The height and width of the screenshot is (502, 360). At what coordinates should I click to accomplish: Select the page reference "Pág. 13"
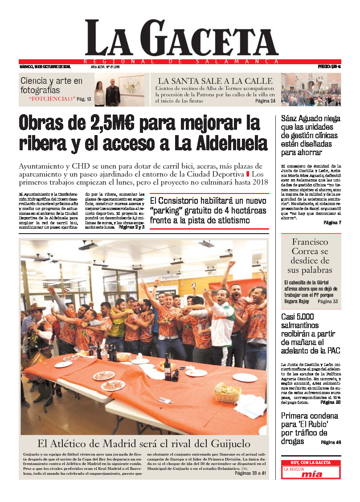tap(84, 99)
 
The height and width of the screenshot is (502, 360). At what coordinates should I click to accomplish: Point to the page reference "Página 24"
tap(265, 101)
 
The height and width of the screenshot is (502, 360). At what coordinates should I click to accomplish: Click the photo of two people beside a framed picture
tap(119, 91)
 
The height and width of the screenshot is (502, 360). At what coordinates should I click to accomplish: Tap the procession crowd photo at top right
tap(311, 90)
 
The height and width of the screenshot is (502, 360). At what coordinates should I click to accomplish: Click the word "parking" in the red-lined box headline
tap(168, 210)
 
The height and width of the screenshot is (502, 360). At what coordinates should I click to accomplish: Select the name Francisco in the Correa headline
tap(310, 242)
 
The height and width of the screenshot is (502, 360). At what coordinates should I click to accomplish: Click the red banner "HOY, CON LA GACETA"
tap(311, 463)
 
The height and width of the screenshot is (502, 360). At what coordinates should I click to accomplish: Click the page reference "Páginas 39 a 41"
tap(250, 473)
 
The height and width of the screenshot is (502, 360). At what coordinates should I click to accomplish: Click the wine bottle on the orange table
tap(167, 368)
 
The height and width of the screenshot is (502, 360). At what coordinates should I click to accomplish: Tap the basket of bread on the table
tap(227, 392)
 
